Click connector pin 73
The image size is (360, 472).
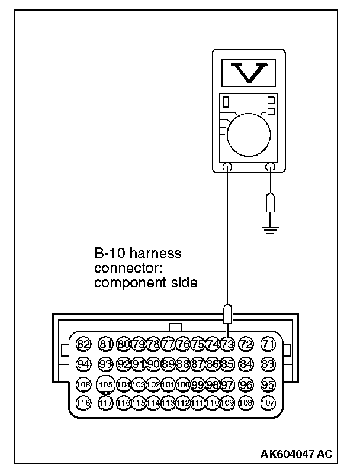point(227,344)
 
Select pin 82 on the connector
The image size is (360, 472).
point(83,344)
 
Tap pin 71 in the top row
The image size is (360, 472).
point(268,344)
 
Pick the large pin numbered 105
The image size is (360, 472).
point(106,384)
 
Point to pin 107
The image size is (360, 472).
point(268,403)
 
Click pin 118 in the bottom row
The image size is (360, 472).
point(83,403)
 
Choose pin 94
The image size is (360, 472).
point(83,364)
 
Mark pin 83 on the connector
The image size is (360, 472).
point(268,364)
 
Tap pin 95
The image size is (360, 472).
point(268,384)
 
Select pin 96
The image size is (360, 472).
point(247,384)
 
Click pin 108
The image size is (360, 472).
point(247,403)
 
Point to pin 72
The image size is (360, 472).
point(247,344)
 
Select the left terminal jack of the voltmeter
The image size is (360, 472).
point(228,167)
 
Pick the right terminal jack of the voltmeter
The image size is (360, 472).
point(271,167)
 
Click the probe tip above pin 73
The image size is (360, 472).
point(227,313)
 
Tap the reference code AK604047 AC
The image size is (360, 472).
point(297,454)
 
